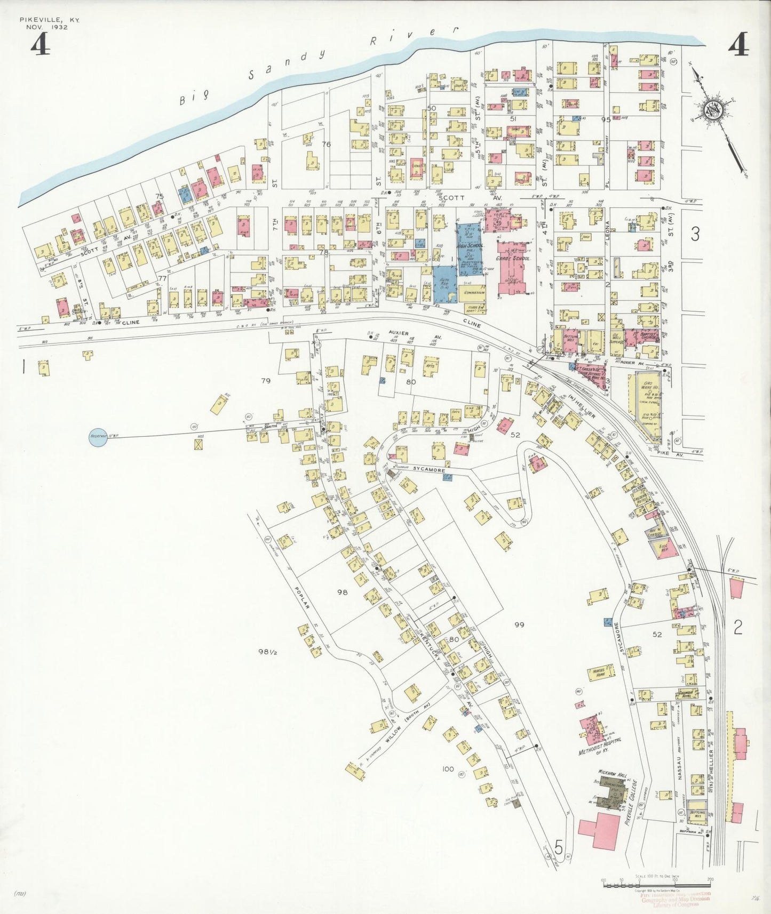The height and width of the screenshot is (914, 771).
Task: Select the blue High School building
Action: point(470,248)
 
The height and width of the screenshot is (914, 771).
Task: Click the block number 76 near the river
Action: point(327,145)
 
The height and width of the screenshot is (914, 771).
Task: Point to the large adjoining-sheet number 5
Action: point(559,846)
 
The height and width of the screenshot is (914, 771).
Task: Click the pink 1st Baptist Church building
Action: point(642,336)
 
